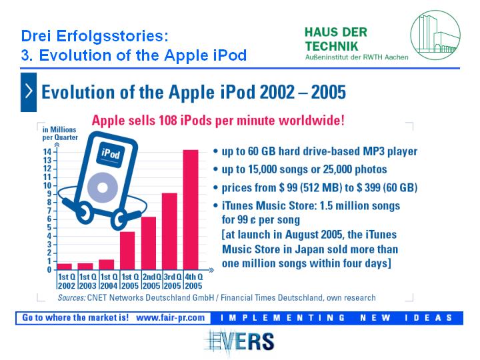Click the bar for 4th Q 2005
191,210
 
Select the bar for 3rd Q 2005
169,231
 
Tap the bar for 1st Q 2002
64,267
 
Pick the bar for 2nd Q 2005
149,243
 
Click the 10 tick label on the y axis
47,185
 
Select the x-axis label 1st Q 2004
109,281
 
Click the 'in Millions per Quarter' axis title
60,133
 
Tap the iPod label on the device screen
111,153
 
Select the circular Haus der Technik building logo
435,35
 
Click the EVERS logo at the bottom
240,342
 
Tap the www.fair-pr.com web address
170,318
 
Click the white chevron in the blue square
29,91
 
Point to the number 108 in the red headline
168,120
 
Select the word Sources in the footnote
71,297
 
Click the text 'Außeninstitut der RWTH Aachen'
357,57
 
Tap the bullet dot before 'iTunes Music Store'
215,205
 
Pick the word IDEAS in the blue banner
428,318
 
